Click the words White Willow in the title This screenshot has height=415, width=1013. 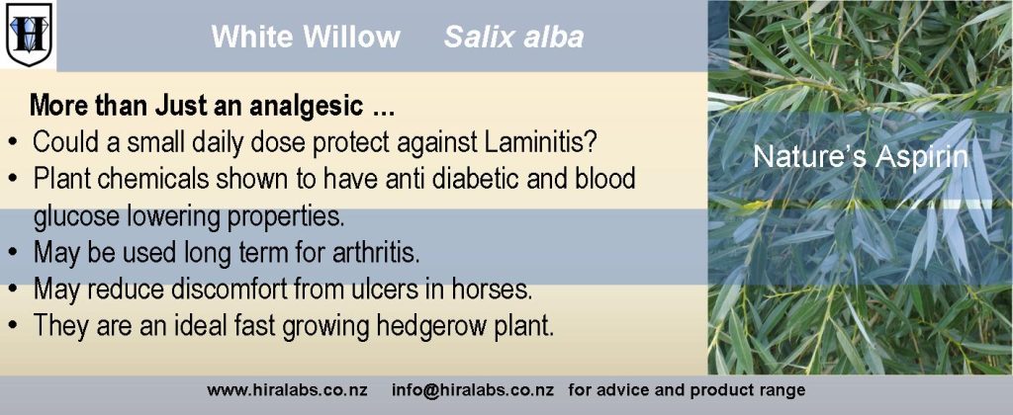point(306,37)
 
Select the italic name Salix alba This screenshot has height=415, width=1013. point(513,37)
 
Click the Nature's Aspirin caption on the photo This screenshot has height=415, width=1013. point(861,157)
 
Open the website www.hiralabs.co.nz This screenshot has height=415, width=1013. point(288,390)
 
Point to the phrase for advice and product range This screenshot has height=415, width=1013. point(687,390)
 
